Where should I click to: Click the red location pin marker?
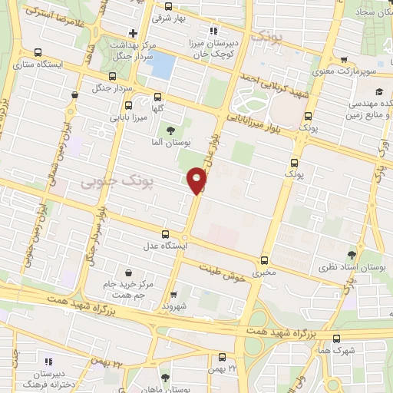[x=197, y=180]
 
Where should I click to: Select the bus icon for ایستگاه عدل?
[x=165, y=234]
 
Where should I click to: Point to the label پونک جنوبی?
[x=117, y=181]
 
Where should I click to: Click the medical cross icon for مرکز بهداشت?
[x=134, y=33]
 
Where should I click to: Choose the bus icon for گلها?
[x=158, y=97]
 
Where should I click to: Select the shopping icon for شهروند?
[x=173, y=293]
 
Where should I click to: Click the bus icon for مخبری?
[x=265, y=260]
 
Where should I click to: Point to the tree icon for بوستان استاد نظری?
[x=352, y=254]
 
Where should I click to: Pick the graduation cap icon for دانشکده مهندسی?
[x=379, y=92]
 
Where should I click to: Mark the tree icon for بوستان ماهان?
[x=166, y=377]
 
